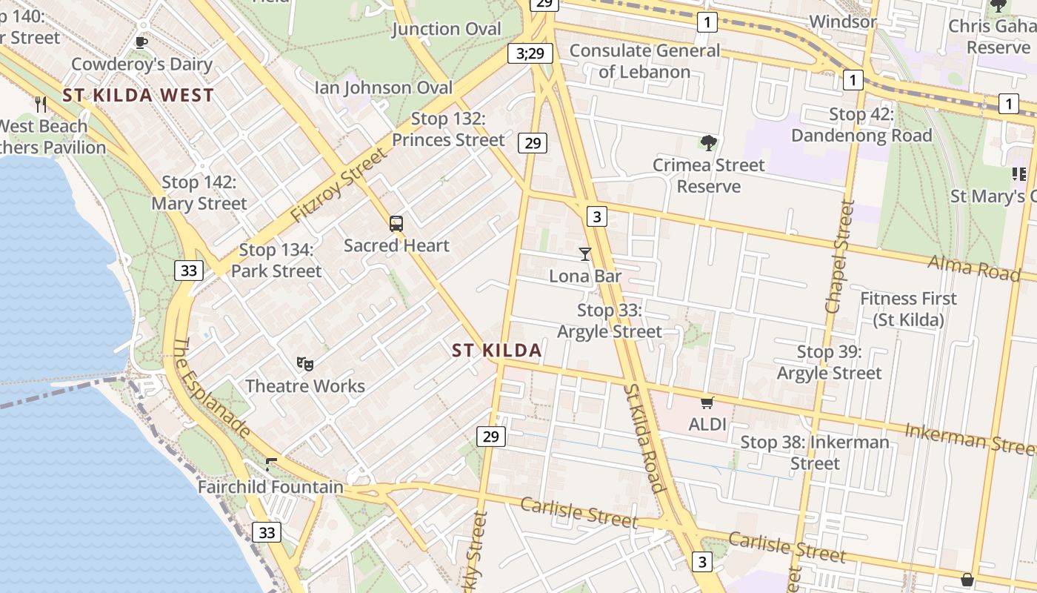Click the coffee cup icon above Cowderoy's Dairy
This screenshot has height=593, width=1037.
pos(141,42)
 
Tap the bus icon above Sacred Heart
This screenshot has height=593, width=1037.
pos(396,223)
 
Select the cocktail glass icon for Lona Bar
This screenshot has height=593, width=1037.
pos(585,254)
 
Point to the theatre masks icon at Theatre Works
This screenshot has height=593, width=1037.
pos(304,363)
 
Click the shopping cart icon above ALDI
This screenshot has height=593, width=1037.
pos(707,402)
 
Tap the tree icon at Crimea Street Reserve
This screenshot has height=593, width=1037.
pos(709,142)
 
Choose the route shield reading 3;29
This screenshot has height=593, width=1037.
pos(530,53)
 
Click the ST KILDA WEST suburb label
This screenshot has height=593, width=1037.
pos(139,95)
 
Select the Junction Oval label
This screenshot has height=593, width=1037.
pos(447,29)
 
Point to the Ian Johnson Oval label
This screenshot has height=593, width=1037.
pos(384,87)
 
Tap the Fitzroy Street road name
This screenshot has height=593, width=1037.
pos(339,185)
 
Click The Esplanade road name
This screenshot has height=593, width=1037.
pos(211,387)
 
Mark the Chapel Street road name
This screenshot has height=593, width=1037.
pos(841,256)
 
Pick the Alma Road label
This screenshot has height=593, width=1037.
pos(973,268)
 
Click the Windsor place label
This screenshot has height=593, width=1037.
pos(843,21)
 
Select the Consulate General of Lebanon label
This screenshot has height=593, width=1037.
pos(644,61)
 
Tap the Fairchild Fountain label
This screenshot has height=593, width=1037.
pos(270,487)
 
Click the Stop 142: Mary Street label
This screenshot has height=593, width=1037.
pos(199,193)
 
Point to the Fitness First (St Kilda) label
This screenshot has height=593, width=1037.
pos(908,309)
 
